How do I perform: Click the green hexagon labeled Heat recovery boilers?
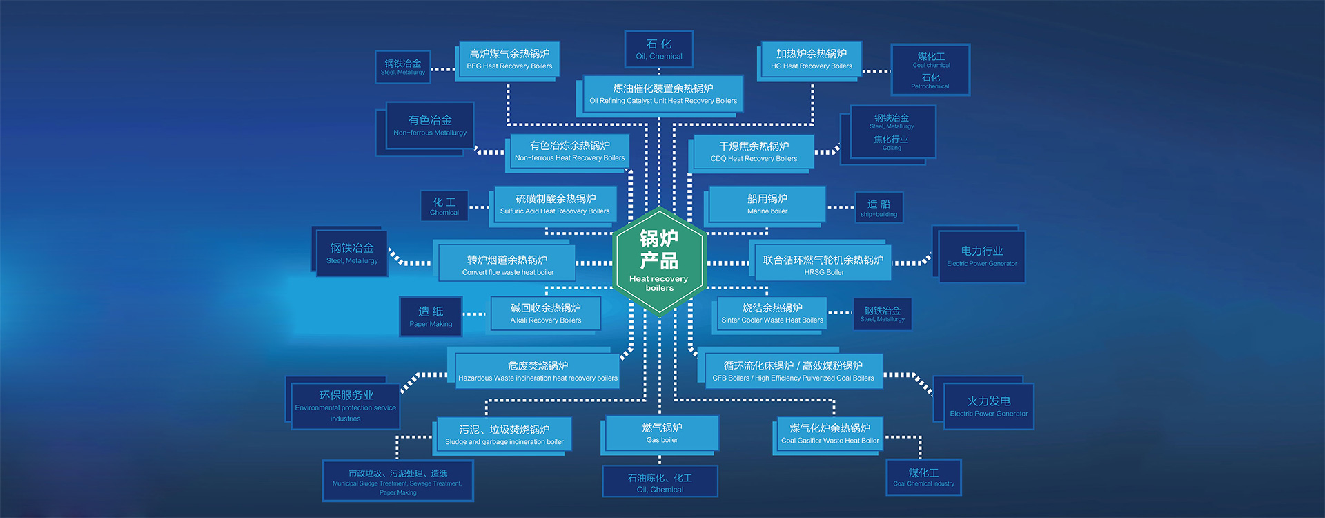659,261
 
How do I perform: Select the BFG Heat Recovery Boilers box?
509,59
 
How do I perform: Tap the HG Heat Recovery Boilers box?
811,59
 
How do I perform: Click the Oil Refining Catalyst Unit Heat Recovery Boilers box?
662,94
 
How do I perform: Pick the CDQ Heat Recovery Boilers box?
754,152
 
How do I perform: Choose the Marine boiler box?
767,204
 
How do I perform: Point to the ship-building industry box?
879,207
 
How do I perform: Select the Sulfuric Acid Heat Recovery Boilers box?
555,204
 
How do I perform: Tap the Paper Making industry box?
431,317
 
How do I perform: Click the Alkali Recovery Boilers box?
545,314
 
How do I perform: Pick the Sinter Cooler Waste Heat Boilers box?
772,314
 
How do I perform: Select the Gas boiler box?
662,433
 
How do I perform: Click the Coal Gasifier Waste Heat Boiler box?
830,433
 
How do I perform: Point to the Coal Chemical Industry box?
923,477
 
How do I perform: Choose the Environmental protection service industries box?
345,406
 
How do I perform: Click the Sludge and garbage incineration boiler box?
504,434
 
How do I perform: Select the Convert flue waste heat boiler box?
507,265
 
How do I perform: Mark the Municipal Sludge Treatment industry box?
397,481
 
